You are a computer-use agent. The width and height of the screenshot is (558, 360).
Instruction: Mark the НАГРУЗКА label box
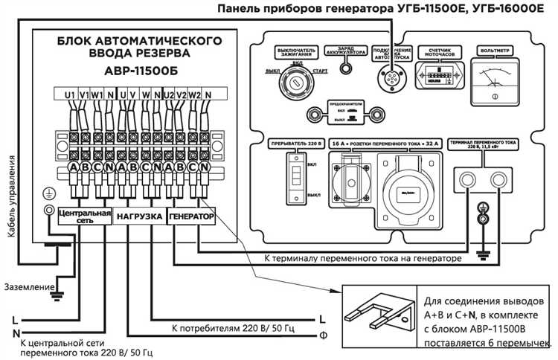click(x=139, y=216)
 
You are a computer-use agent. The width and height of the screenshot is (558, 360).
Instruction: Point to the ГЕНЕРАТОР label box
click(x=192, y=216)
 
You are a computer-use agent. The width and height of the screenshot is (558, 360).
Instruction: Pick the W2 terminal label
click(x=195, y=94)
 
